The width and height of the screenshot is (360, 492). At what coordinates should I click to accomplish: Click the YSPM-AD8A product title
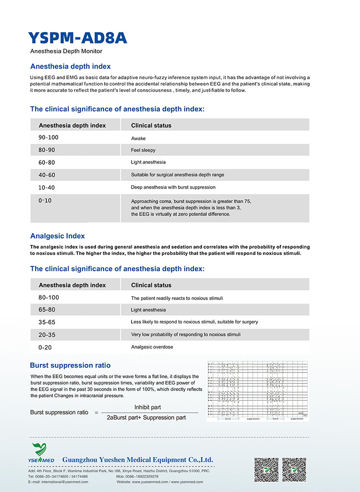77,38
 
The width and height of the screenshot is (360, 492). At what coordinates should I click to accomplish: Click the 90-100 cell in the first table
49,138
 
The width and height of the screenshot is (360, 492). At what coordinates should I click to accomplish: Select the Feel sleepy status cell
143,150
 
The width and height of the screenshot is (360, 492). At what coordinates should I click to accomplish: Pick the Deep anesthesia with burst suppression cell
173,187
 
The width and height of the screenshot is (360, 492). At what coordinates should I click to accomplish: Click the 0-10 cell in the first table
45,201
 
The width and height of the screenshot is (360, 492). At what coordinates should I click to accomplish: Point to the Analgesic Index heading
57,236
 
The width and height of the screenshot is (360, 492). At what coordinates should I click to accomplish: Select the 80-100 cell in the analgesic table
49,298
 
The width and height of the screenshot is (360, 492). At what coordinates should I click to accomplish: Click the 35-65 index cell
47,322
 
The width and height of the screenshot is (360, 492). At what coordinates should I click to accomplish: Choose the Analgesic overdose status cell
152,347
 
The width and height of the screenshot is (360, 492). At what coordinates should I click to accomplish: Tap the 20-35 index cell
47,335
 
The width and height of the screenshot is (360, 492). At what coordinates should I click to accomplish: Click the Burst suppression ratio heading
70,365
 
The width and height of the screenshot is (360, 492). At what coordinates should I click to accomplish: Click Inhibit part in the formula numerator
147,407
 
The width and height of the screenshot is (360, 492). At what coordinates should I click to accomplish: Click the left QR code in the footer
266,470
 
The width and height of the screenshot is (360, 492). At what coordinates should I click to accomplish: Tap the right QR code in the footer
294,470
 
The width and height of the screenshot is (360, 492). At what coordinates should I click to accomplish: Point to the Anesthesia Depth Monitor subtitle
66,51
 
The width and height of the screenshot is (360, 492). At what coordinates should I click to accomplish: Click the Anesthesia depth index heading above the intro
70,66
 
